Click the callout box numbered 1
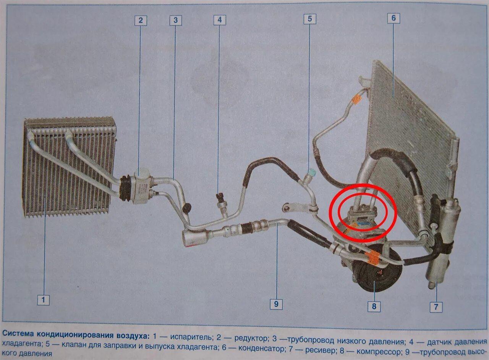point(43,300)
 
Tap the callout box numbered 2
point(141,21)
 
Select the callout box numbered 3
point(176,21)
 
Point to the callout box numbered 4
point(220,20)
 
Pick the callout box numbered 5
point(310,19)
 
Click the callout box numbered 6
point(393,18)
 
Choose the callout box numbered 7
point(436,307)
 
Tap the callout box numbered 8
point(374,306)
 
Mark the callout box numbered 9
point(276,304)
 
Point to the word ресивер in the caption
point(320,351)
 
